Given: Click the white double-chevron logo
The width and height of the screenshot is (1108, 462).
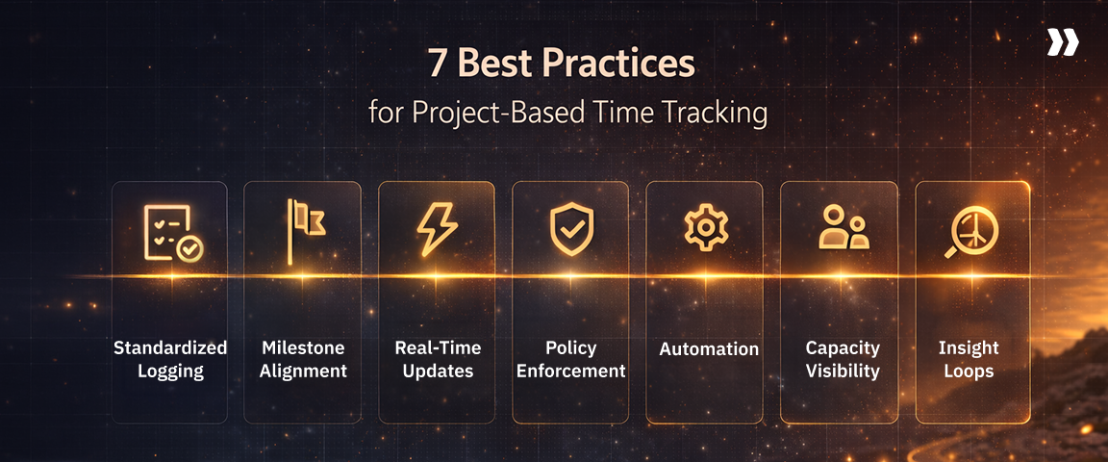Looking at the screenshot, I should tap(1062, 42).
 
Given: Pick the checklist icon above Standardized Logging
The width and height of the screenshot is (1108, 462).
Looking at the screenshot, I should tap(172, 233).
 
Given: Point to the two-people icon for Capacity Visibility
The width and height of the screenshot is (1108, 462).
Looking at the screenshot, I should tap(842, 229).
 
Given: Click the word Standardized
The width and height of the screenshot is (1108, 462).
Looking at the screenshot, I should tap(170, 347).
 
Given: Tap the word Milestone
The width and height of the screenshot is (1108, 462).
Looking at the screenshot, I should tap(302, 347).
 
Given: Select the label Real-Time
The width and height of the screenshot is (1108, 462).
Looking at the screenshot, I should tap(437, 347).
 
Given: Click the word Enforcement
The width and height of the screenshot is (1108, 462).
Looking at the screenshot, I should tap(571, 371).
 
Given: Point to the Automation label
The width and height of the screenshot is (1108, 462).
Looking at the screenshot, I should tap(709, 349).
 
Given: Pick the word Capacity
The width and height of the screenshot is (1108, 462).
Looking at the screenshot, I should tap(843, 347).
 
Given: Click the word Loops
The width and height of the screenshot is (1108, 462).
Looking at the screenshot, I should tap(969, 371).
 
